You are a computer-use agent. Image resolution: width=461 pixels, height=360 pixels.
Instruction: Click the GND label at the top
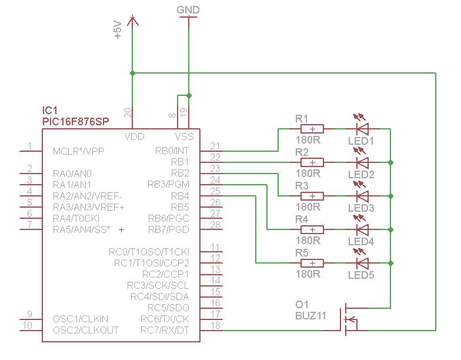[188, 10]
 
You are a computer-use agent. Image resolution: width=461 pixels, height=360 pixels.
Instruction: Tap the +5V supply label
[118, 29]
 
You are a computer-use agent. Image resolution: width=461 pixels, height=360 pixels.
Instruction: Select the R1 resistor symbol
[312, 129]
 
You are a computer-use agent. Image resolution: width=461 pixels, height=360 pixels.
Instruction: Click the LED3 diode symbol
[362, 196]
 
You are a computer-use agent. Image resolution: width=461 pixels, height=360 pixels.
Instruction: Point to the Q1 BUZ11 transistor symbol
[350, 319]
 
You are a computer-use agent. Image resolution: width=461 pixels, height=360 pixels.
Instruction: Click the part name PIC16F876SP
[75, 121]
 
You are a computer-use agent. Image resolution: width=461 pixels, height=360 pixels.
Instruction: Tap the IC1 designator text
[49, 111]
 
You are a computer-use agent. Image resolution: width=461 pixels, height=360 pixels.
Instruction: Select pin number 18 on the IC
[215, 325]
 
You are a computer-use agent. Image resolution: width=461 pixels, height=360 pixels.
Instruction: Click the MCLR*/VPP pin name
[79, 151]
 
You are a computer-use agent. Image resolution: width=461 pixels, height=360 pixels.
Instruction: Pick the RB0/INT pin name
[172, 151]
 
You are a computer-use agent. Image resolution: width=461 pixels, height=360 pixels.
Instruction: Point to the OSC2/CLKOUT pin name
[86, 330]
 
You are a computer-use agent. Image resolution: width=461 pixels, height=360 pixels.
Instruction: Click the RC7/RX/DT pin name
[165, 330]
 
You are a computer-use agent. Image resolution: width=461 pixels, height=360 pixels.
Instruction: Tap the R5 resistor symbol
[312, 263]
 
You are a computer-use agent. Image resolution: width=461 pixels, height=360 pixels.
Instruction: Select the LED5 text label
[361, 275]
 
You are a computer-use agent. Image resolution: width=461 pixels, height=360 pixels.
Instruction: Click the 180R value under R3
[308, 207]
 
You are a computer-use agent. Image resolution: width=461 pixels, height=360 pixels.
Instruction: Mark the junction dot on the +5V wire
[133, 73]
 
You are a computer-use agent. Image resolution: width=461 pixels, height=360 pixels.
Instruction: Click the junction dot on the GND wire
[189, 95]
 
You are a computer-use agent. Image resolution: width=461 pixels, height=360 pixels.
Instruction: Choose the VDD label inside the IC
[134, 136]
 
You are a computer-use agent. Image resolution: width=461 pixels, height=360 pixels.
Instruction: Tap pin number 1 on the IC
[29, 146]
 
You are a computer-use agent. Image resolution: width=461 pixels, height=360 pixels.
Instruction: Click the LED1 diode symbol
[362, 129]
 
